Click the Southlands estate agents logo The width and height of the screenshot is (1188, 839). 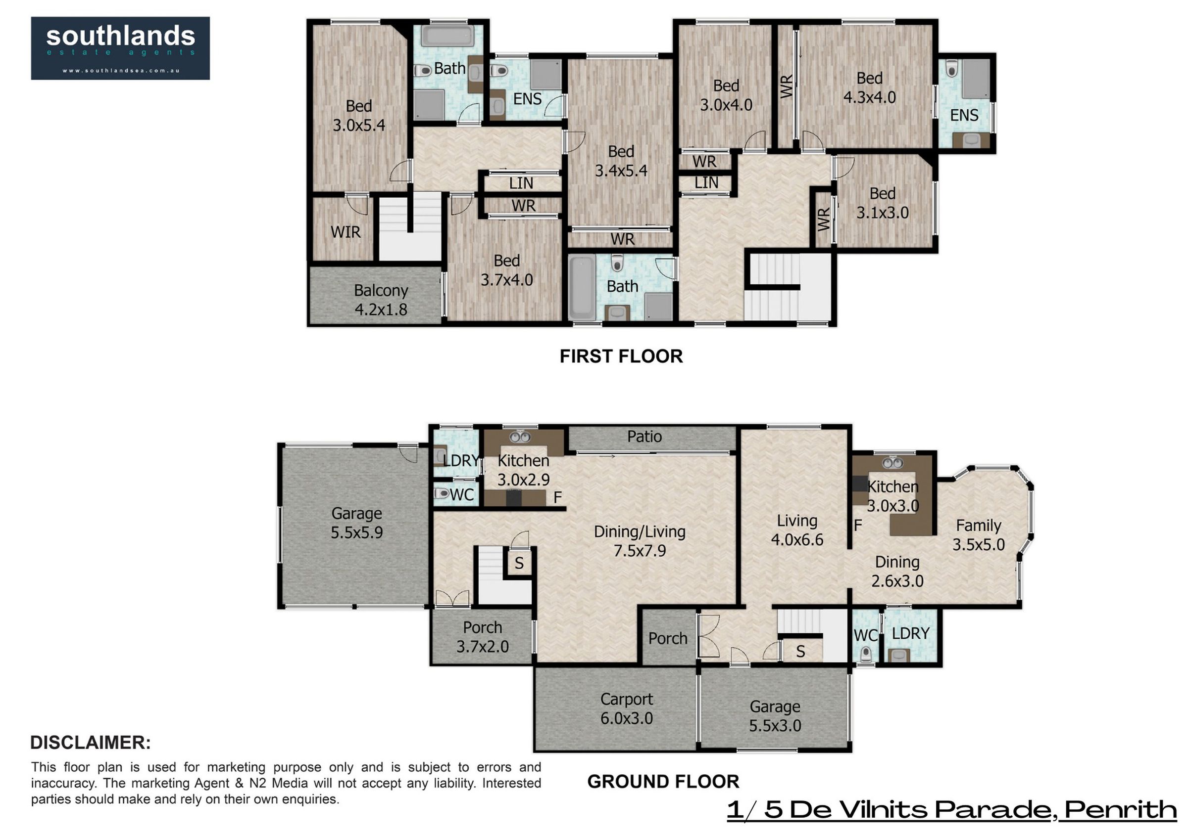click(x=120, y=48)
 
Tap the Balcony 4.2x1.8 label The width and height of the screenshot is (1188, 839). click(x=381, y=300)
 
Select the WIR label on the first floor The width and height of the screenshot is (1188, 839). click(x=345, y=232)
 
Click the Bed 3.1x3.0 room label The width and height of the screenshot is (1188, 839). click(x=882, y=203)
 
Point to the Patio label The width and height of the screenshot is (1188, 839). click(x=644, y=437)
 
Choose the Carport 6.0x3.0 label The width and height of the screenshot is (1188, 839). click(x=627, y=708)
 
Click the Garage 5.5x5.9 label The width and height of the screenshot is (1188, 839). click(x=356, y=523)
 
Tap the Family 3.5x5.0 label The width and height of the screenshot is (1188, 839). click(x=979, y=534)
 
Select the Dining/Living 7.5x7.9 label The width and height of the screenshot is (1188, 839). click(x=640, y=541)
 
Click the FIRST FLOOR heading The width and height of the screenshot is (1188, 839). click(x=621, y=356)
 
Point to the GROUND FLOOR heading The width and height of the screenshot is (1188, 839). click(x=663, y=782)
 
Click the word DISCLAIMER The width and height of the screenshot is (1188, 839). click(x=91, y=742)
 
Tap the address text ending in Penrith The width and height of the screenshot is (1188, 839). click(x=952, y=809)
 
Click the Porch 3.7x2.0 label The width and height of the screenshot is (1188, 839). click(x=482, y=637)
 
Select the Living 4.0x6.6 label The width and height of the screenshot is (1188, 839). click(x=797, y=530)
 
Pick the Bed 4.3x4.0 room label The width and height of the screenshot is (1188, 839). click(x=869, y=88)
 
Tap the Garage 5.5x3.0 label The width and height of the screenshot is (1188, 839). click(x=775, y=716)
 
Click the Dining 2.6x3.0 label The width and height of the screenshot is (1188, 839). click(x=897, y=571)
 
